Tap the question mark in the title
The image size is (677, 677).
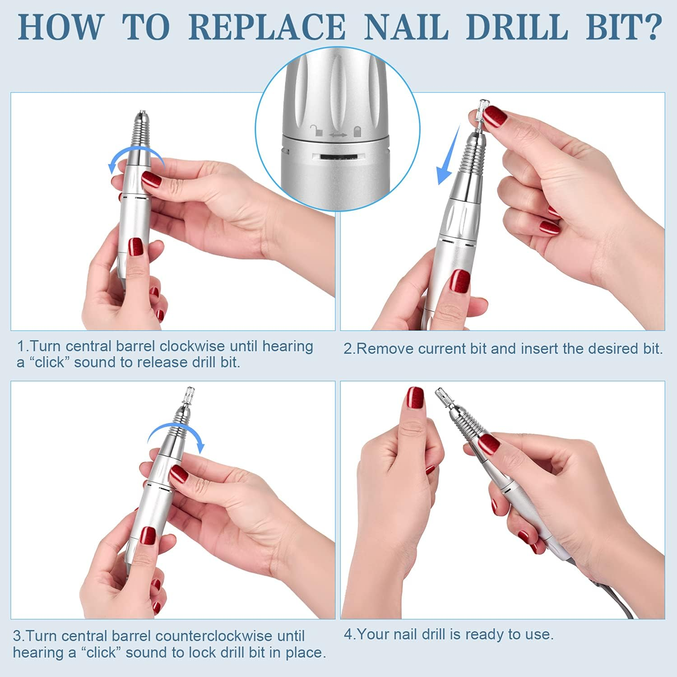[x=649, y=27]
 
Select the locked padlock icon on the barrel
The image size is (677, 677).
[x=357, y=131]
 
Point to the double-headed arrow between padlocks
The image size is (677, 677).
[x=337, y=134]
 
